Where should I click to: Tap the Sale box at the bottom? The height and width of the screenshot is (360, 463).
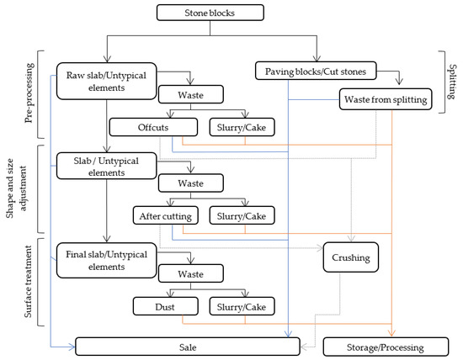pyautogui.click(x=189, y=346)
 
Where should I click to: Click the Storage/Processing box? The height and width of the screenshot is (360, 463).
pyautogui.click(x=385, y=346)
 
